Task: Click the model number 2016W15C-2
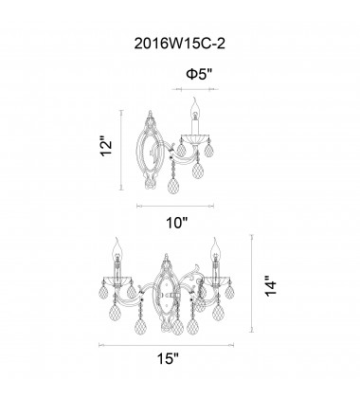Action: click(x=180, y=44)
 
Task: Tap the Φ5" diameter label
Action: click(x=199, y=74)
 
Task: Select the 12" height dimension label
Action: click(x=106, y=146)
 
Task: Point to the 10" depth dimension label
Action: click(x=177, y=224)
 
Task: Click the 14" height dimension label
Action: click(x=271, y=286)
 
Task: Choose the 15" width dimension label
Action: click(x=168, y=358)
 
